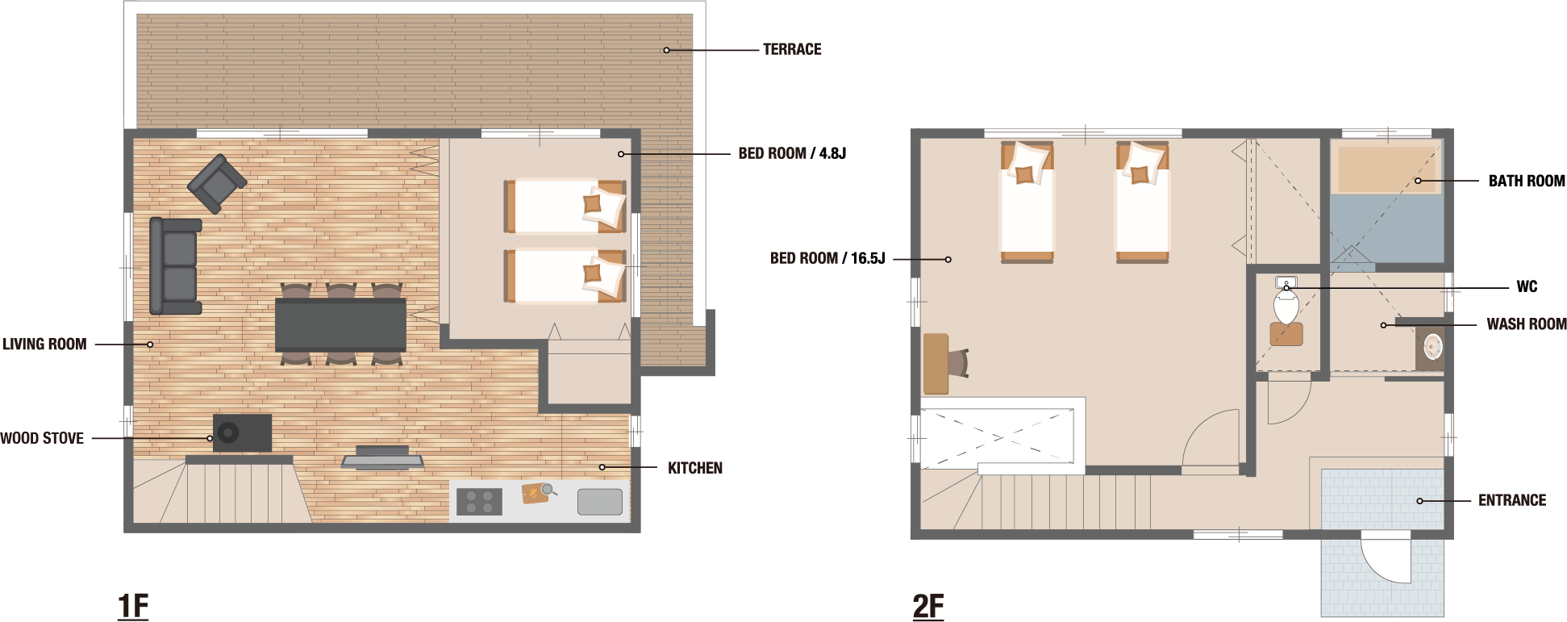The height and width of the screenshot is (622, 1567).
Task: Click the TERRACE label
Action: click(x=792, y=49)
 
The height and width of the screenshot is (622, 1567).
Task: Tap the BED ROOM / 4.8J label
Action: click(x=792, y=153)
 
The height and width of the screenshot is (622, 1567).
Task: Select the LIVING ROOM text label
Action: click(x=44, y=344)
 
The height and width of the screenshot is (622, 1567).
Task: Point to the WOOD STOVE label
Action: click(x=42, y=438)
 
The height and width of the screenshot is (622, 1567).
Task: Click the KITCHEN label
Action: click(x=695, y=468)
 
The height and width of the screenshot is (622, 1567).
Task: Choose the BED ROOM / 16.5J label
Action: click(x=827, y=258)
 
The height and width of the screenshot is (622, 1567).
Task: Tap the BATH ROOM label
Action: click(x=1527, y=181)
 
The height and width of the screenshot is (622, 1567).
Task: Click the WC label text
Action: click(x=1527, y=286)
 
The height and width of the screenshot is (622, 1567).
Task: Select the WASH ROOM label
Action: click(x=1527, y=324)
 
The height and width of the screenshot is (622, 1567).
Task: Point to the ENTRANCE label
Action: click(x=1512, y=500)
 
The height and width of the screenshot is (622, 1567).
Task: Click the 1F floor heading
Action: click(x=133, y=606)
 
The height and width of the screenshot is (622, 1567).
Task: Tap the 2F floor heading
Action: click(x=928, y=606)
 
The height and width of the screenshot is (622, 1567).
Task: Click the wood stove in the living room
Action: click(x=242, y=433)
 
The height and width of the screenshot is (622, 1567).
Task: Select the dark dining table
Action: click(x=340, y=324)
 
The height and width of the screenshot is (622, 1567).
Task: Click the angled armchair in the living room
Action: click(x=217, y=184)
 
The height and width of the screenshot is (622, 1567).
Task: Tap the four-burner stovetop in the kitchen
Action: click(x=479, y=501)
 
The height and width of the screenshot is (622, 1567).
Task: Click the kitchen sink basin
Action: click(x=600, y=502)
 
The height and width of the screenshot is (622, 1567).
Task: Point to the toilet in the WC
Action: click(x=1286, y=307)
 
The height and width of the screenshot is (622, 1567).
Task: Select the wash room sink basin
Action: click(x=1433, y=347)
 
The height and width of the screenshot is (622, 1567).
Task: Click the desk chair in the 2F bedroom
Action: click(x=958, y=363)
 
